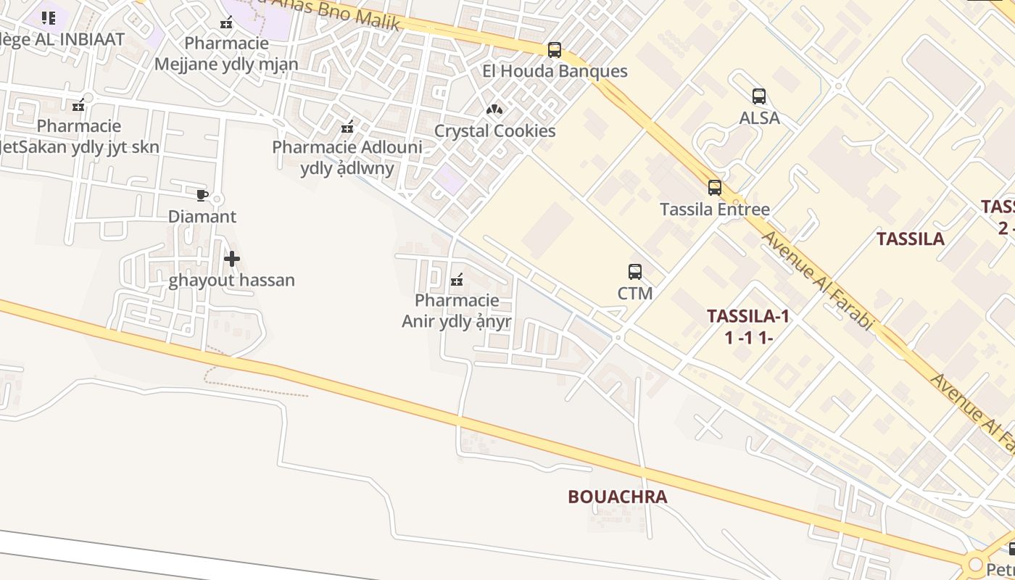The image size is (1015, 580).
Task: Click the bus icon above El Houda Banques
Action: coord(555,50)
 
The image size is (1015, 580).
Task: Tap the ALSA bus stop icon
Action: coord(759,96)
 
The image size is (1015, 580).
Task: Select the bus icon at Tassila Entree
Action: coord(715,188)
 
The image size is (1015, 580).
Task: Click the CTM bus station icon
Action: coord(635,272)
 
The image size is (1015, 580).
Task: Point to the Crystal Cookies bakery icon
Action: coord(494,109)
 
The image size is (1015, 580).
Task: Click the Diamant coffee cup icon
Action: coord(202,195)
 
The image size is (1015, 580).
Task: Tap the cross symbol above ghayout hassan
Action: coord(232,258)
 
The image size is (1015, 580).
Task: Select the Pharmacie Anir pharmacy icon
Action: coord(457,279)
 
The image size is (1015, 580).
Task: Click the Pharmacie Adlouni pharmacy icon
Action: coord(347,127)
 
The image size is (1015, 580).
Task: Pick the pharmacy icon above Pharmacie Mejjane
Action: coord(226,22)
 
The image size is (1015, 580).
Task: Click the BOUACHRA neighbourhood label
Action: coord(618,497)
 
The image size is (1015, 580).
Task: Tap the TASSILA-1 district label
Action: coord(747,316)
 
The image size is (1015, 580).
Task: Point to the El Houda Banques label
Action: coord(555,71)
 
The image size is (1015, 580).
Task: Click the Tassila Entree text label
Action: coord(714,210)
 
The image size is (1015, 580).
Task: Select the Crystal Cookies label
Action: coord(494,131)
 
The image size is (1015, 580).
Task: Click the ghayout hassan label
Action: coord(232,280)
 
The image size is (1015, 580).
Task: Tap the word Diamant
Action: coord(202,216)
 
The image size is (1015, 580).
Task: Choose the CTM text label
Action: coord(635,293)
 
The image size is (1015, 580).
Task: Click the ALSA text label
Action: coord(759,117)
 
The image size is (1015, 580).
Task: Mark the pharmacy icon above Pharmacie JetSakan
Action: coord(78,105)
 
